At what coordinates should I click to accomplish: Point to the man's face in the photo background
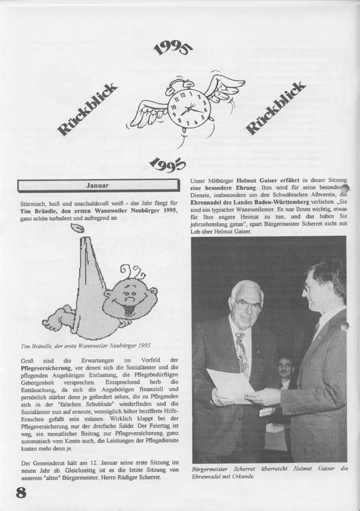pos(285,369)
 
